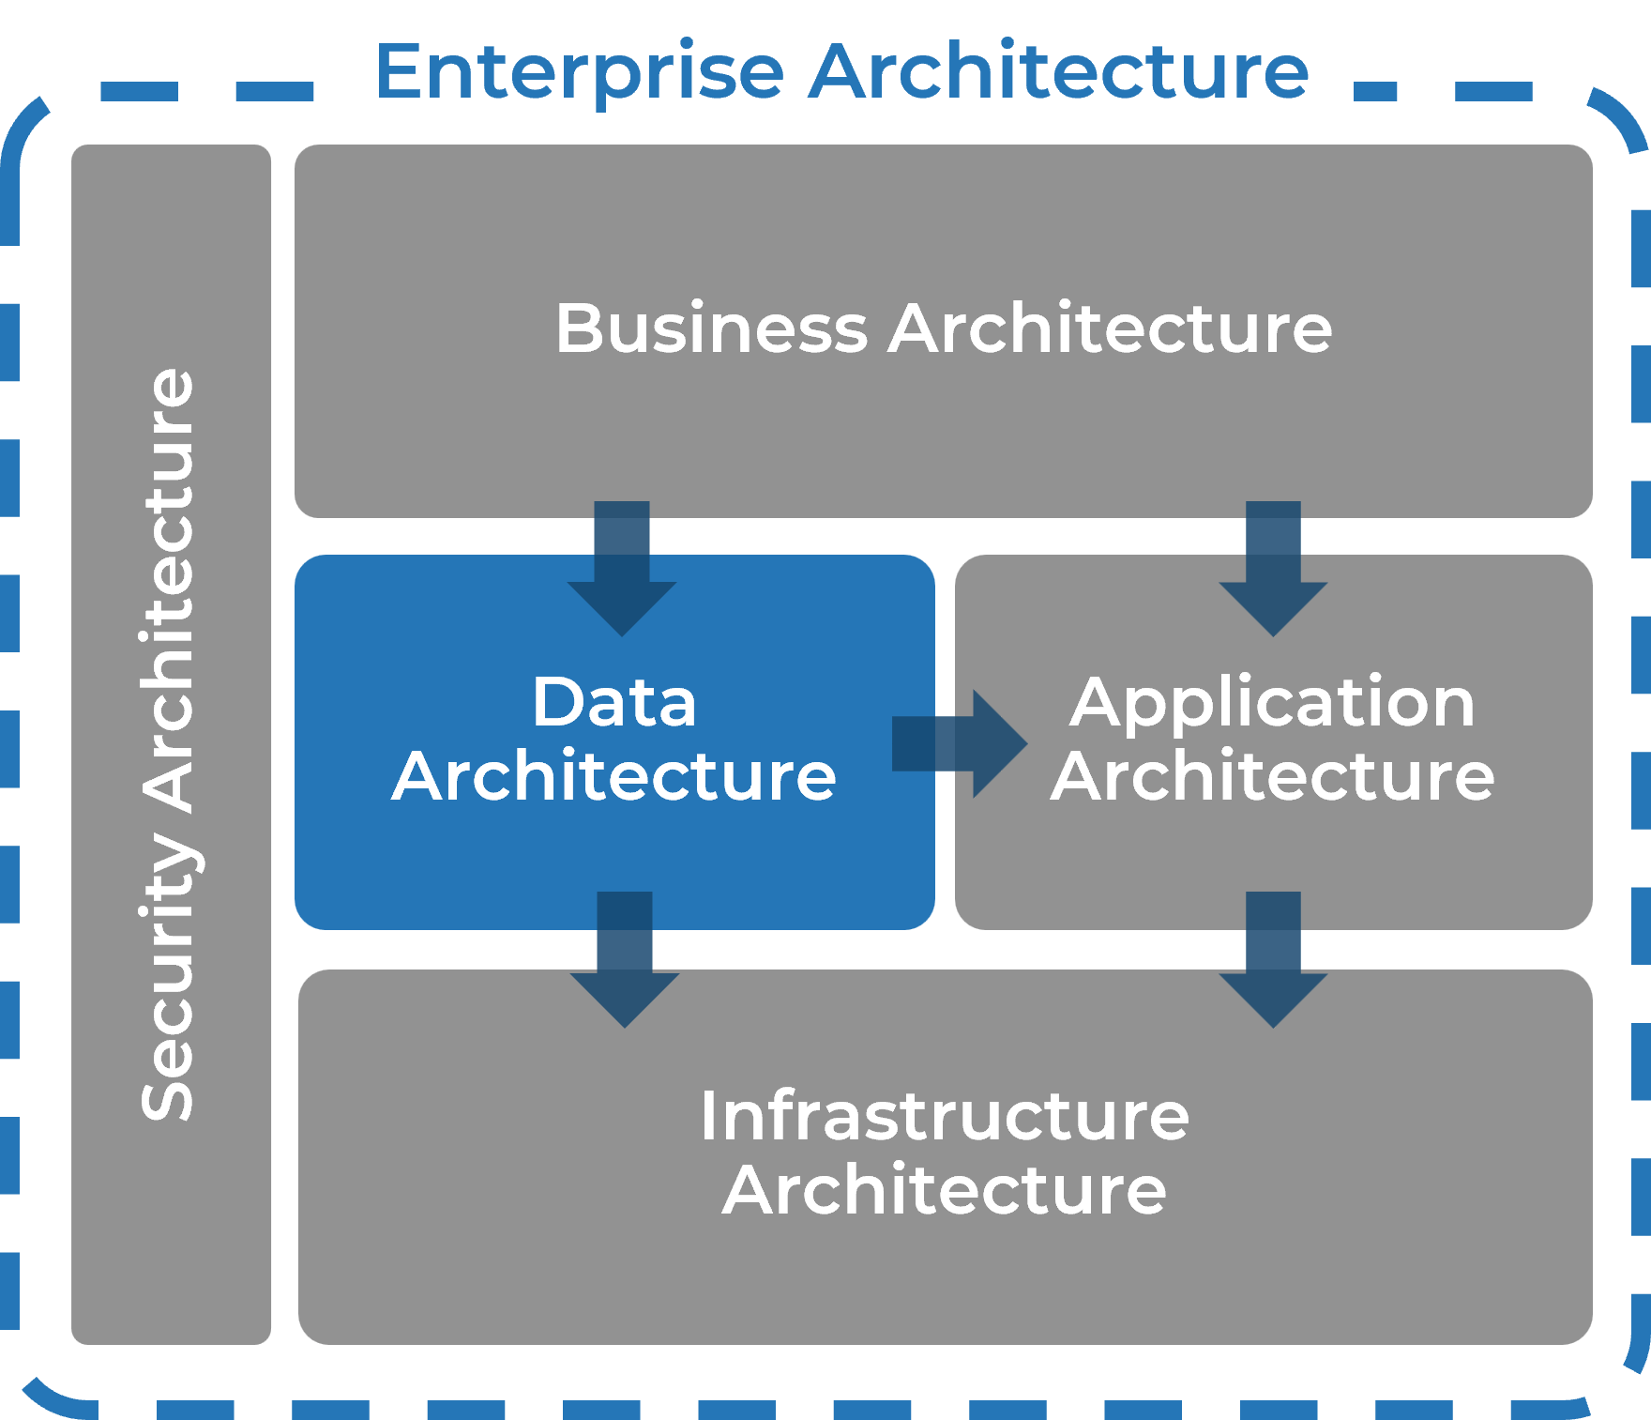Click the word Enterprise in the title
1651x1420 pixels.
pos(579,73)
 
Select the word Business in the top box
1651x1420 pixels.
pos(711,329)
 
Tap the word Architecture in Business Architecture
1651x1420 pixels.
pos(1110,328)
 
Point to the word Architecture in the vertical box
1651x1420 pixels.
pos(169,591)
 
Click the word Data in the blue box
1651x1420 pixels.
pos(613,701)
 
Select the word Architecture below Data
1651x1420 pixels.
pos(613,776)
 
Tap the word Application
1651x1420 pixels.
pos(1272,704)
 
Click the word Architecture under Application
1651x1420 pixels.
pos(1272,776)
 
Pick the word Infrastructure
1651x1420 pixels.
pos(944,1116)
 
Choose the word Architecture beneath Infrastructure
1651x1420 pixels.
pos(944,1190)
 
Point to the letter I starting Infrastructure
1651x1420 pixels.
pos(706,1116)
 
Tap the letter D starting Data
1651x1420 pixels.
pos(553,701)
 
